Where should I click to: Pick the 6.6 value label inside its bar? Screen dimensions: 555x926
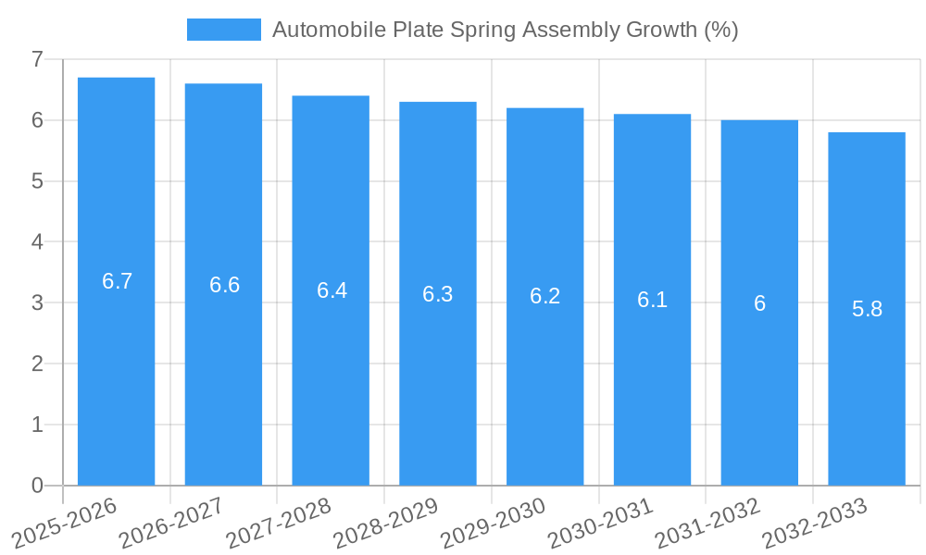[224, 285]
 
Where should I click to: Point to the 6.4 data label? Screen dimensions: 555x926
[332, 290]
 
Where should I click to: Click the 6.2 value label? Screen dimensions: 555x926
[545, 297]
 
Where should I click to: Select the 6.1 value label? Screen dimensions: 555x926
[652, 300]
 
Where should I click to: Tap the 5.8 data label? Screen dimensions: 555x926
[867, 309]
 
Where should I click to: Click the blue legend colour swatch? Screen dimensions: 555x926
[223, 30]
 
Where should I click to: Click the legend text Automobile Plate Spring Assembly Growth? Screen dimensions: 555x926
[505, 30]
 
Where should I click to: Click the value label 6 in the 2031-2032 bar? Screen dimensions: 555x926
[759, 303]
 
